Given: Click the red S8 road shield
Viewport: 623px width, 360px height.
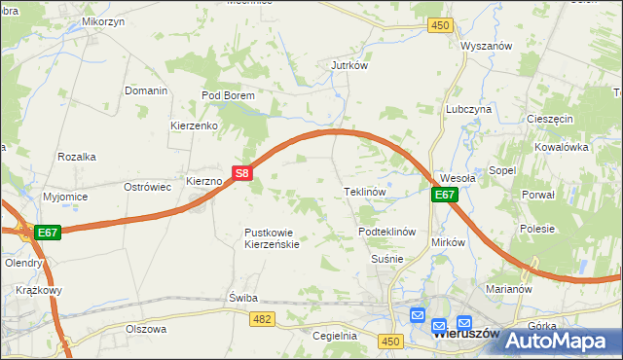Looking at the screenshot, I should pyautogui.click(x=242, y=174).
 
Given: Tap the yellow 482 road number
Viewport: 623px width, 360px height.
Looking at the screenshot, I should pyautogui.click(x=261, y=318).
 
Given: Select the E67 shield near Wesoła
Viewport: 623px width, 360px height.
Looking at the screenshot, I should pyautogui.click(x=444, y=195).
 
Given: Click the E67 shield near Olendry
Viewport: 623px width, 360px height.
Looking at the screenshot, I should pyautogui.click(x=49, y=233).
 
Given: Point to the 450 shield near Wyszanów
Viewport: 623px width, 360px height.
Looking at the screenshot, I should pyautogui.click(x=441, y=25).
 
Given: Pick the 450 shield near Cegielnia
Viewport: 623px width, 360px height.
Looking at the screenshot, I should pyautogui.click(x=391, y=341).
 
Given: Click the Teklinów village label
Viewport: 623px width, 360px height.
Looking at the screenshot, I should pyautogui.click(x=366, y=192).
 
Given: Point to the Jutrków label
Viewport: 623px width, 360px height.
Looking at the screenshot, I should pyautogui.click(x=348, y=66).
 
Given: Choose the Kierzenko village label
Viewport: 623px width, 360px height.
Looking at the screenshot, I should pyautogui.click(x=193, y=126).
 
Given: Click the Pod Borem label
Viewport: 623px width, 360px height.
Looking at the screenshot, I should pyautogui.click(x=228, y=95).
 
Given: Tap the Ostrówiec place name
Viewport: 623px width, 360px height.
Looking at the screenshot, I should pyautogui.click(x=148, y=186).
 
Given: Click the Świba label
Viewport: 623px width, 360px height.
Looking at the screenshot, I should pyautogui.click(x=241, y=297).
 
